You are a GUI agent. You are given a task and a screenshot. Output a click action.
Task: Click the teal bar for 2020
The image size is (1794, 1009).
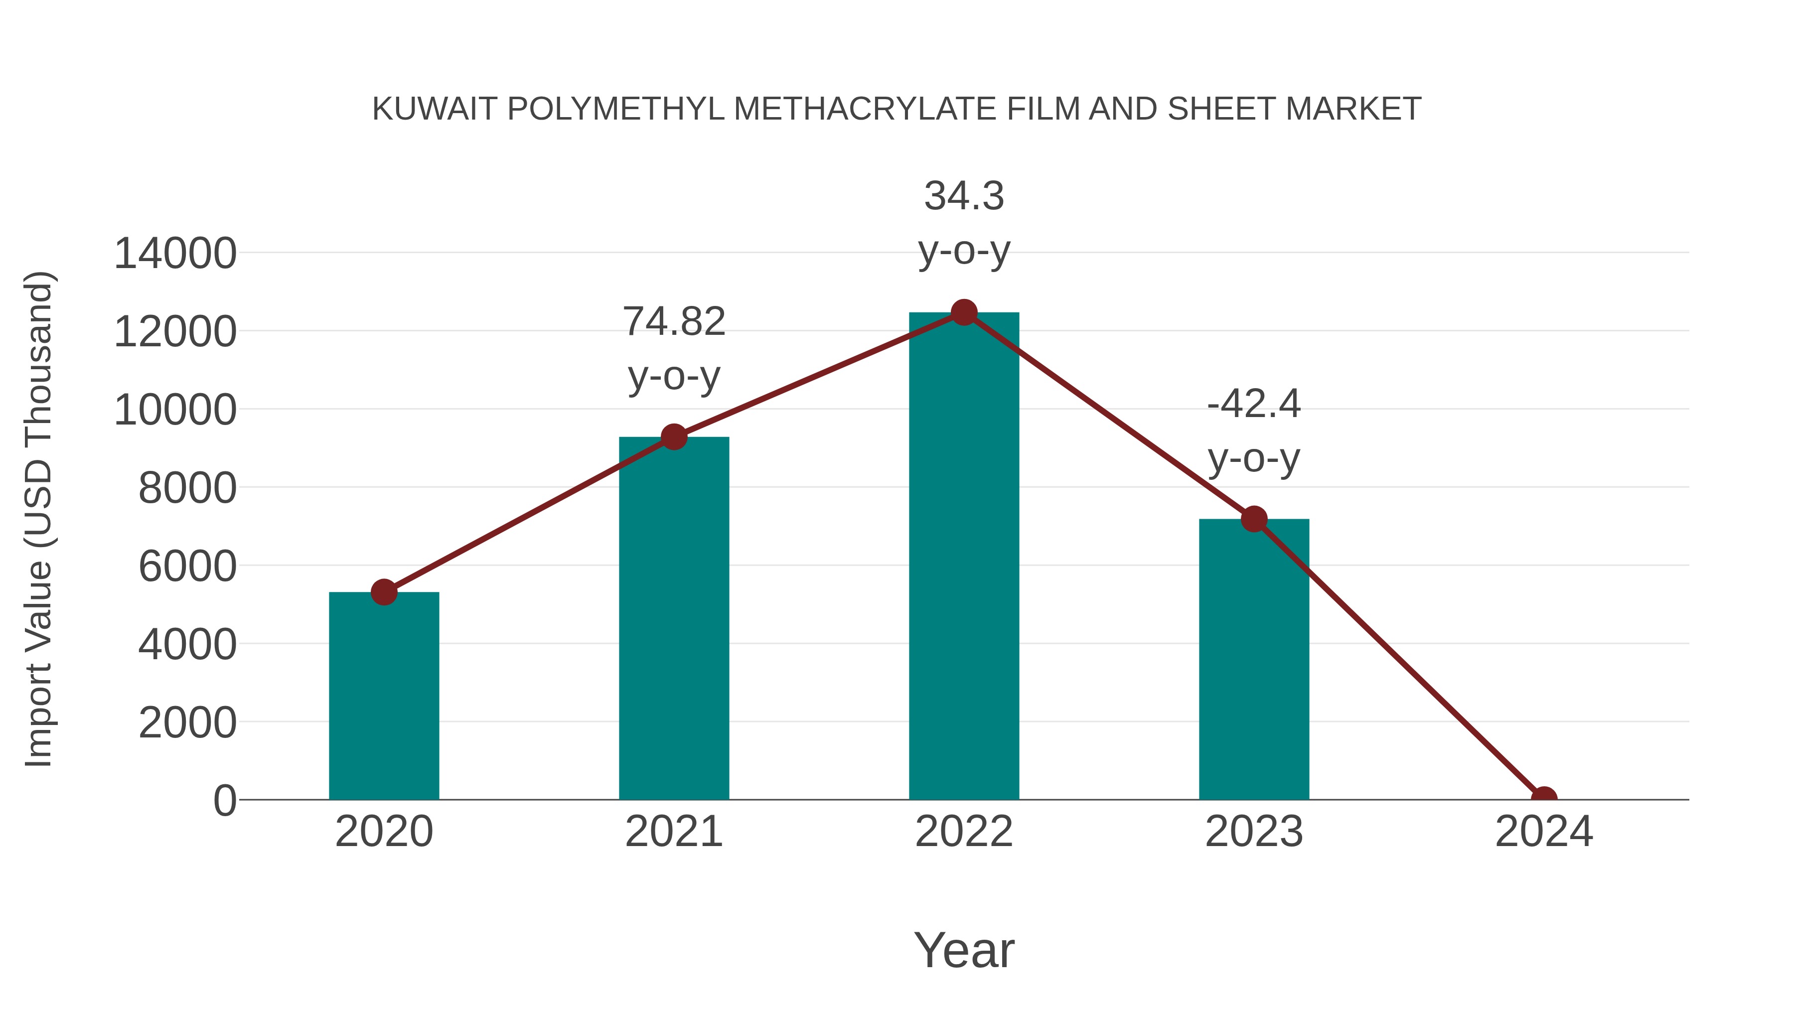click(384, 697)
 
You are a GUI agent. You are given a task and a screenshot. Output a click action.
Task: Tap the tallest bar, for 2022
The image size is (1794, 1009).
click(963, 557)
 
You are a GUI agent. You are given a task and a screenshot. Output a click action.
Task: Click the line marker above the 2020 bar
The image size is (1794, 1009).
click(384, 592)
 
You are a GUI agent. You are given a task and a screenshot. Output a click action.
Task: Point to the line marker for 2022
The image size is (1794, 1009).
click(964, 312)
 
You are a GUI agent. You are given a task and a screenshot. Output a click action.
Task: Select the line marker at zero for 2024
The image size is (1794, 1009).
click(1543, 798)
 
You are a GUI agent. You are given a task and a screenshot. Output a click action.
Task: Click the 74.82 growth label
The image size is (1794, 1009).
click(673, 322)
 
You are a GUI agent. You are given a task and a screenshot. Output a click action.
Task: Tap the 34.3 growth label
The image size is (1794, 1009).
click(964, 196)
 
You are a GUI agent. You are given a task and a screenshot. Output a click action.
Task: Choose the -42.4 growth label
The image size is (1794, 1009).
click(1254, 404)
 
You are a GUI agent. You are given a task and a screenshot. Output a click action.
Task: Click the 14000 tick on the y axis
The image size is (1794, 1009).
click(175, 254)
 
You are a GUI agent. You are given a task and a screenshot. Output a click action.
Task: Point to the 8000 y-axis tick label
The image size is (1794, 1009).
click(187, 488)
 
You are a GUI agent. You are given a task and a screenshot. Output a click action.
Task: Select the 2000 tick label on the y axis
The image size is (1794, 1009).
click(187, 723)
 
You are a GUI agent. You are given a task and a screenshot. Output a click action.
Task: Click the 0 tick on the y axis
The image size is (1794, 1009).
click(225, 801)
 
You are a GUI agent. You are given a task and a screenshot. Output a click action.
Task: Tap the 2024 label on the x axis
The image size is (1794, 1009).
click(1543, 832)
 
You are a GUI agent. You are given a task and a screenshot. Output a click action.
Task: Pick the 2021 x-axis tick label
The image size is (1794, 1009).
click(673, 832)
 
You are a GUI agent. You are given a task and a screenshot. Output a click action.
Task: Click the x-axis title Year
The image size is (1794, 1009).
click(964, 950)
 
